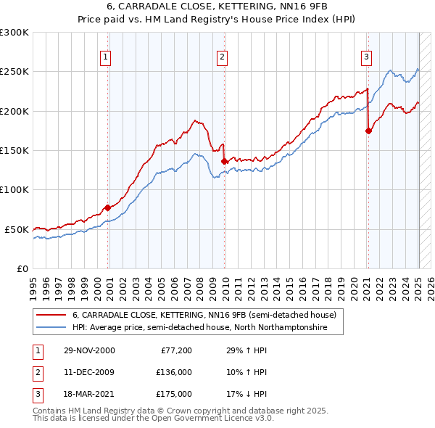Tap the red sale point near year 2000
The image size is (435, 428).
point(108,207)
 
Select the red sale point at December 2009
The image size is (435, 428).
point(225,161)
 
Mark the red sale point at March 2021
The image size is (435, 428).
point(368,131)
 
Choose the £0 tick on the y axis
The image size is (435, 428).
point(22,268)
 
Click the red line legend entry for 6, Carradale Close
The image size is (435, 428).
point(204,315)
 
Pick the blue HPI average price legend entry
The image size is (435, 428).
point(199,328)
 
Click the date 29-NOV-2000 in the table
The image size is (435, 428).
point(88,350)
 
